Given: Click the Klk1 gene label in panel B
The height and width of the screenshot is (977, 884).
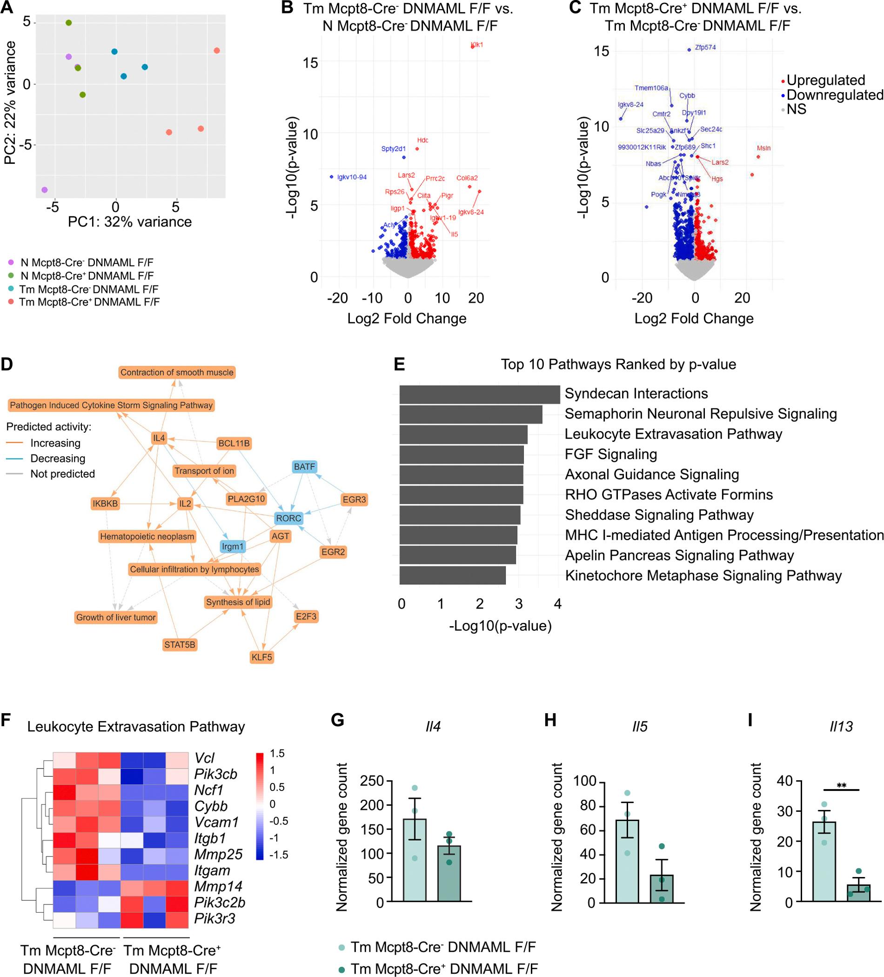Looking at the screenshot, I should (477, 45).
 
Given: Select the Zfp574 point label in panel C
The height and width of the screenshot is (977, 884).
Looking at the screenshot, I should (705, 47).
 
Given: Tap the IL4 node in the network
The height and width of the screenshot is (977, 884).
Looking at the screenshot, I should (159, 438).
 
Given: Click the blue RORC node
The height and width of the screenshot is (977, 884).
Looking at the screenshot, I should (288, 518).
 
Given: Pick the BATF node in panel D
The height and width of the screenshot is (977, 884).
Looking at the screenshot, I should (304, 467).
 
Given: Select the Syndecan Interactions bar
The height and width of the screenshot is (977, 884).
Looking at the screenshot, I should (479, 394).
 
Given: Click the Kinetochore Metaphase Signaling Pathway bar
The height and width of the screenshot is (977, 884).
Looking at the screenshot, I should (452, 576).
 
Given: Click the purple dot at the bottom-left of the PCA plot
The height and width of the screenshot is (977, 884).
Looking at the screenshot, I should (45, 189).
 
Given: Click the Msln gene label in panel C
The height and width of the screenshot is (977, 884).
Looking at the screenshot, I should (764, 148).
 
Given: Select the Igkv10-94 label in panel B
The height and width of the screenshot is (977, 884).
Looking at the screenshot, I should (352, 177).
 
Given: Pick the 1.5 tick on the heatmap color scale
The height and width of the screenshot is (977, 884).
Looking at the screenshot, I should (277, 753).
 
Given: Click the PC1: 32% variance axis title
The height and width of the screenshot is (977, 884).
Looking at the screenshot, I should (129, 222).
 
